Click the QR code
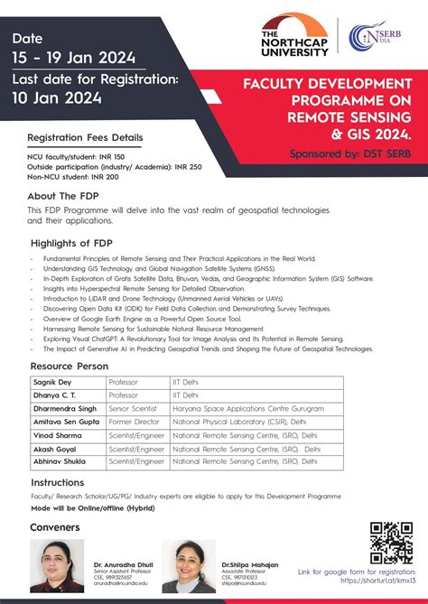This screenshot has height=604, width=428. tap(391, 542)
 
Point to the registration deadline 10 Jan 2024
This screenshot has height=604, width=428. tap(58, 98)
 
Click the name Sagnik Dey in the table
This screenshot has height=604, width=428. tap(52, 383)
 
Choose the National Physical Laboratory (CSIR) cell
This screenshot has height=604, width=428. tap(230, 422)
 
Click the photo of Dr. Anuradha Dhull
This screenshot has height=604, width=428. tap(59, 565)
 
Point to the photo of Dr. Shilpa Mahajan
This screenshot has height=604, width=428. tap(189, 565)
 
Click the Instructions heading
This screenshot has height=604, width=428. tap(57, 483)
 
